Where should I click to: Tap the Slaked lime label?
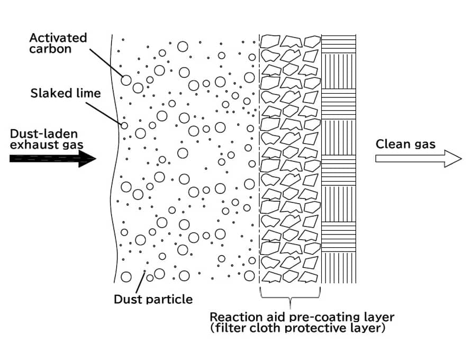click(66, 93)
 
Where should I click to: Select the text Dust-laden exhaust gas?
click(47, 139)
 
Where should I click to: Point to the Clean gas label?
click(405, 144)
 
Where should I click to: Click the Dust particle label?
click(153, 300)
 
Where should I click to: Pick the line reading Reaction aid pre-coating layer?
click(302, 317)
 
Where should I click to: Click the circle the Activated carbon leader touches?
click(126, 80)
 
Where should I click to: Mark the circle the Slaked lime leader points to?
click(124, 125)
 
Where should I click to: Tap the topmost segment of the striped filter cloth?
click(339, 43)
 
